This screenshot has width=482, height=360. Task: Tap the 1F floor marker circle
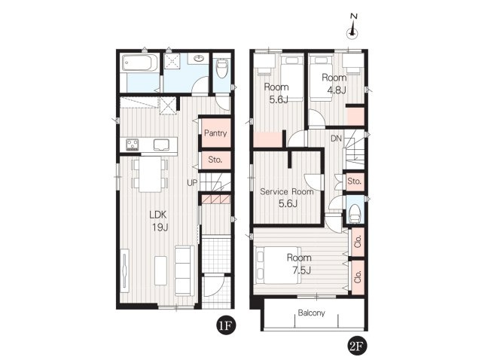(226, 325)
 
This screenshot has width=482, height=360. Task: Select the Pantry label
(215, 133)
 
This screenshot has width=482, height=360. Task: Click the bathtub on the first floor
(140, 63)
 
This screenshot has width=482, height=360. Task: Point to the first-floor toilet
(221, 69)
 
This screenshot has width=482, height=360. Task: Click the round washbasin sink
(199, 58)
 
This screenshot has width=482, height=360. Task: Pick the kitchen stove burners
(133, 145)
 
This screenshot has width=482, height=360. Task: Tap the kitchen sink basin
(161, 145)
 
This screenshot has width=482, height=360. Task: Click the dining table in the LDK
(150, 174)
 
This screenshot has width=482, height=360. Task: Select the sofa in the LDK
(185, 270)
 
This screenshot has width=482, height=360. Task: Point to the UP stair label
(192, 183)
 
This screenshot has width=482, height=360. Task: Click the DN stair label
(337, 139)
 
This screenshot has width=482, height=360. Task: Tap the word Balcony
(311, 313)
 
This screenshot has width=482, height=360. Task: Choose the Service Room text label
(287, 191)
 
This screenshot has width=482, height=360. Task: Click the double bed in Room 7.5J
(276, 265)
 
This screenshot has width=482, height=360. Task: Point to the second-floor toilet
(355, 212)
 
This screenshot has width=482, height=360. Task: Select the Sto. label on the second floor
(355, 182)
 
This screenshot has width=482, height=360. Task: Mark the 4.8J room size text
(337, 90)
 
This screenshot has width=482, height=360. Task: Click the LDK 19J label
(159, 221)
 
